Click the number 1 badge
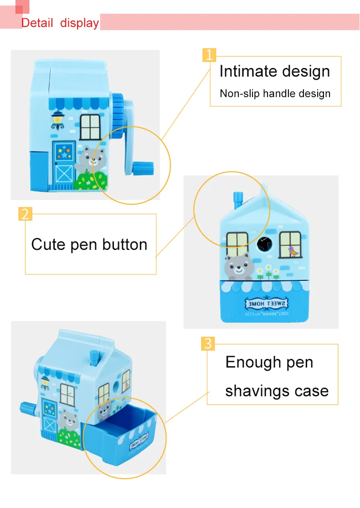209,55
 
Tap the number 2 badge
25,213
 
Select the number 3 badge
208,343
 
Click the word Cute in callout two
48,244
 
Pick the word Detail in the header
37,23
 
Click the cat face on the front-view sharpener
237,267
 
